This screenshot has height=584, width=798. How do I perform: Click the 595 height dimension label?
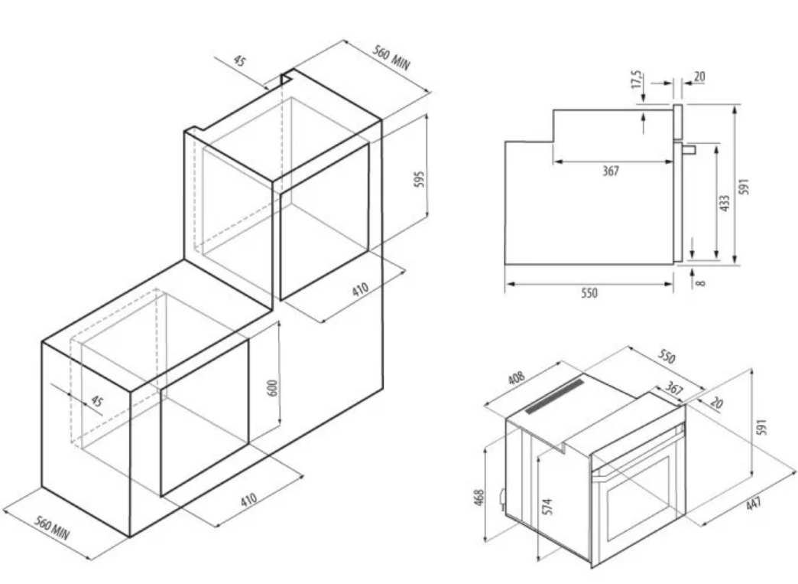click(x=420, y=179)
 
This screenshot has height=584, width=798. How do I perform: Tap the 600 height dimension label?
click(x=273, y=388)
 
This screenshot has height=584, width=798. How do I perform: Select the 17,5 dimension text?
click(x=637, y=80)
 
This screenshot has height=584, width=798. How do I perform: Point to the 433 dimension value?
click(x=725, y=203)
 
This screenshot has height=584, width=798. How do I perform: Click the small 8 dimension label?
click(x=701, y=282)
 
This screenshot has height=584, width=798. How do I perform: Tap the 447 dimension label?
click(x=754, y=504)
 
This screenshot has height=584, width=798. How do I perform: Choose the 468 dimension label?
click(x=479, y=498)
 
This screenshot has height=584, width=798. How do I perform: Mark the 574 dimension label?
click(x=547, y=507)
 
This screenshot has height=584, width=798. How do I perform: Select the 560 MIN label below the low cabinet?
click(x=51, y=527)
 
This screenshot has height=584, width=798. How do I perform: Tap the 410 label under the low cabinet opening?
click(x=248, y=499)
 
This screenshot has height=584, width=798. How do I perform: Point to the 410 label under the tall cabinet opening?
click(x=360, y=289)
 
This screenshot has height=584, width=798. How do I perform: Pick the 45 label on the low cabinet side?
click(x=96, y=401)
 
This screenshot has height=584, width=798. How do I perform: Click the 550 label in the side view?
click(x=589, y=293)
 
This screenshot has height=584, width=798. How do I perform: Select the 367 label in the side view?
click(x=610, y=171)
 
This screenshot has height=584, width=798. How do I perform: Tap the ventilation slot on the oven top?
click(x=555, y=396)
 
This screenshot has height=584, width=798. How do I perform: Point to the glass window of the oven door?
click(x=638, y=498)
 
